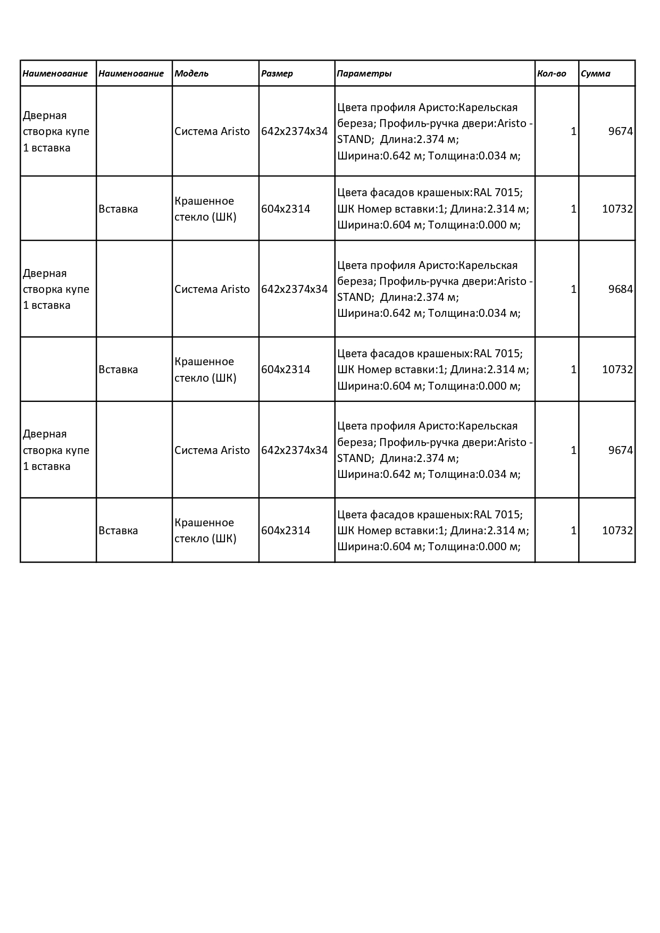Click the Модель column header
click(191, 73)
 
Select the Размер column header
click(277, 73)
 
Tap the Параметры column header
click(364, 73)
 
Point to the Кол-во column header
click(552, 73)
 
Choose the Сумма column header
click(596, 73)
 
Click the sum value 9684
click(621, 289)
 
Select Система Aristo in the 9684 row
click(212, 289)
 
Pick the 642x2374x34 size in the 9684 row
click(295, 289)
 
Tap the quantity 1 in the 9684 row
click(573, 289)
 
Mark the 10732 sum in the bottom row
click(617, 531)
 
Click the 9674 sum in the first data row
click(621, 131)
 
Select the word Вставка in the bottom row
click(118, 531)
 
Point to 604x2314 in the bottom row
click(286, 531)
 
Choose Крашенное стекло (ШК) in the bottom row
click(205, 531)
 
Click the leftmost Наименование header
click(55, 73)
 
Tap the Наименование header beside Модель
click(131, 73)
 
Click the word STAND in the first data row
click(354, 139)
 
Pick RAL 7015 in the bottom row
click(497, 515)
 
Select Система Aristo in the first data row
click(212, 131)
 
